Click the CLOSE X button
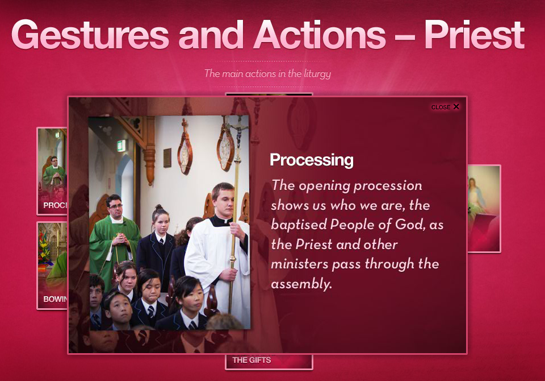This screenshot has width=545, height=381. tap(445, 107)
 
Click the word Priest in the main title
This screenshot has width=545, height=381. tap(474, 35)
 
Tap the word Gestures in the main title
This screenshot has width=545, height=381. tap(90, 35)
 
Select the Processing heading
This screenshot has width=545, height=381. tap(312, 160)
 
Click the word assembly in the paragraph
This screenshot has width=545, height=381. tap(301, 284)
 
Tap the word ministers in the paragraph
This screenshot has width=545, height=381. tap(300, 264)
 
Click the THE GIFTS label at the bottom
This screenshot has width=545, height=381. tap(251, 360)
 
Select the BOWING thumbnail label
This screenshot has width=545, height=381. tap(55, 299)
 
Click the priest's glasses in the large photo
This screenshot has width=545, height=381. tap(116, 206)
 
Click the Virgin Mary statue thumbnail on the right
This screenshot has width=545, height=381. tap(484, 209)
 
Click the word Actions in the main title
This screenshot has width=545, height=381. tap(320, 35)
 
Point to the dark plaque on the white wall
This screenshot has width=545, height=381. tap(167, 158)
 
